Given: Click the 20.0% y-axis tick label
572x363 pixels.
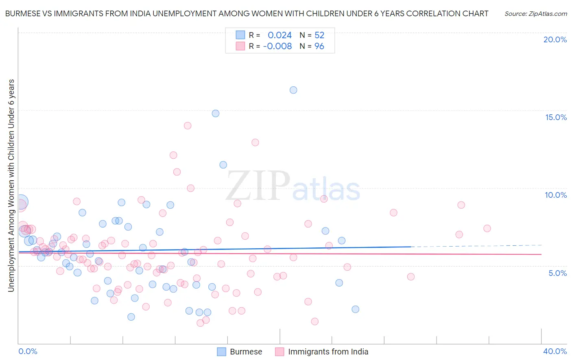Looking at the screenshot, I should click(x=555, y=39).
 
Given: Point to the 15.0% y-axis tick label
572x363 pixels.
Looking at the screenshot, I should click(x=556, y=117).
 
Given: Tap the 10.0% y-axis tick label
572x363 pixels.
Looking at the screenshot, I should click(x=556, y=195).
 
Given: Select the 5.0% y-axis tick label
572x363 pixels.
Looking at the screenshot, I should click(x=557, y=273).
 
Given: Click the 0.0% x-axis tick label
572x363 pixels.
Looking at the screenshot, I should click(x=28, y=351).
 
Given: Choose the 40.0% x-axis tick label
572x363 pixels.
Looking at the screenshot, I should click(x=555, y=351).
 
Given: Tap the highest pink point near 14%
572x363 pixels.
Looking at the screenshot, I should click(x=188, y=126).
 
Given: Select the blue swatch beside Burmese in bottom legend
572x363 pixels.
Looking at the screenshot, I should click(x=221, y=352).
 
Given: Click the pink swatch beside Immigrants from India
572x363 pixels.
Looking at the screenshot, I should click(x=279, y=352).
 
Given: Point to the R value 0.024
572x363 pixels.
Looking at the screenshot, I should click(x=279, y=35).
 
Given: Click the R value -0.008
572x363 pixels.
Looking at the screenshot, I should click(x=277, y=46).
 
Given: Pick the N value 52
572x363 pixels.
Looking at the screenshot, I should click(x=319, y=35).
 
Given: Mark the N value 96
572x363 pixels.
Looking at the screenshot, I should click(x=319, y=46).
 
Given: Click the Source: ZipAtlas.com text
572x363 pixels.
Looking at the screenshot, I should click(x=535, y=14).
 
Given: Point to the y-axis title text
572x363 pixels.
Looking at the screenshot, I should click(x=11, y=185).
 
